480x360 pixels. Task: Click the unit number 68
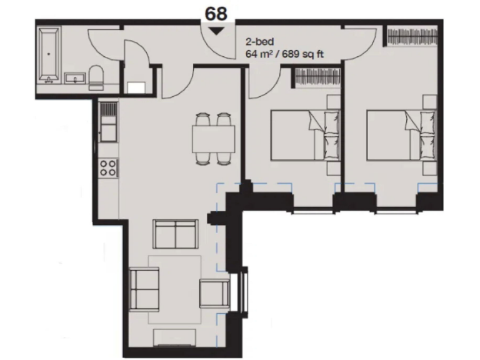[x=216, y=14]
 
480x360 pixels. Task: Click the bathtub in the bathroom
[x=48, y=55]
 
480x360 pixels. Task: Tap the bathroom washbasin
[x=74, y=78]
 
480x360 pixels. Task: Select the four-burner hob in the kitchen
[x=108, y=167]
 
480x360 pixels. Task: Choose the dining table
[x=212, y=139]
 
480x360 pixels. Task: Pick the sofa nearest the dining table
[x=176, y=234]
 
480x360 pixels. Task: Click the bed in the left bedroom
[x=305, y=135]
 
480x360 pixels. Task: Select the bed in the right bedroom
[x=399, y=135]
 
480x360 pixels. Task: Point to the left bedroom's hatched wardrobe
[x=316, y=77]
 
